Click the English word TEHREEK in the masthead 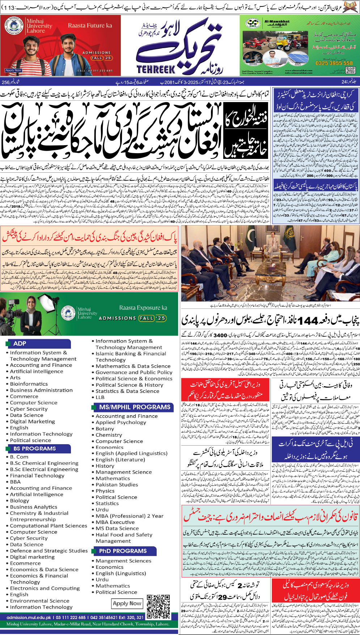click(x=156, y=69)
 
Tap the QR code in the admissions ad click(x=158, y=606)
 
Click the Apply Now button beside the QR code click(x=127, y=603)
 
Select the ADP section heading click(x=20, y=343)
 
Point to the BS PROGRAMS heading click(x=35, y=448)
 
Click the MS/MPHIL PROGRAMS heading click(x=135, y=407)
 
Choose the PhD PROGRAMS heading click(x=123, y=551)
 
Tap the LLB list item click(x=100, y=397)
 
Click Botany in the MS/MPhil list click(x=105, y=429)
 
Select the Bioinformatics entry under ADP click(x=29, y=384)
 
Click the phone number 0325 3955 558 click(x=334, y=63)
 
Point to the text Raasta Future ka click(x=90, y=25)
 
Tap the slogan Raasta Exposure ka click(x=143, y=308)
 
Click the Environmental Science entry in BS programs click(x=39, y=601)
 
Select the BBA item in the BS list click(x=15, y=481)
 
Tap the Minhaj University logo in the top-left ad click(x=14, y=26)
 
